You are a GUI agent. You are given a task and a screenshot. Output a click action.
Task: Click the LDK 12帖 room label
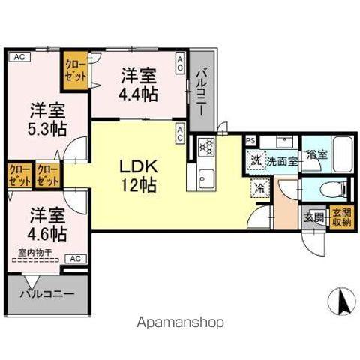(138, 174)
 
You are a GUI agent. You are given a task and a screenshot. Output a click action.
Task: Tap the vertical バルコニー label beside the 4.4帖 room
(201, 91)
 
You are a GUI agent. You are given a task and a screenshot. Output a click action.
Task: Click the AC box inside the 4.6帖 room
(76, 258)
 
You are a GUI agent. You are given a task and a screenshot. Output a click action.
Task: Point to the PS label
(250, 139)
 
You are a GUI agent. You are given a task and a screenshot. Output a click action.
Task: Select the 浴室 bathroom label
(316, 155)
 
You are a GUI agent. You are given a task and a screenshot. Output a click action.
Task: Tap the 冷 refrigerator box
(259, 190)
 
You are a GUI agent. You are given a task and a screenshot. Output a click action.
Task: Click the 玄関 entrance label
(313, 219)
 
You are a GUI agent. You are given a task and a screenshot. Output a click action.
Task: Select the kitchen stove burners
(205, 148)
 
